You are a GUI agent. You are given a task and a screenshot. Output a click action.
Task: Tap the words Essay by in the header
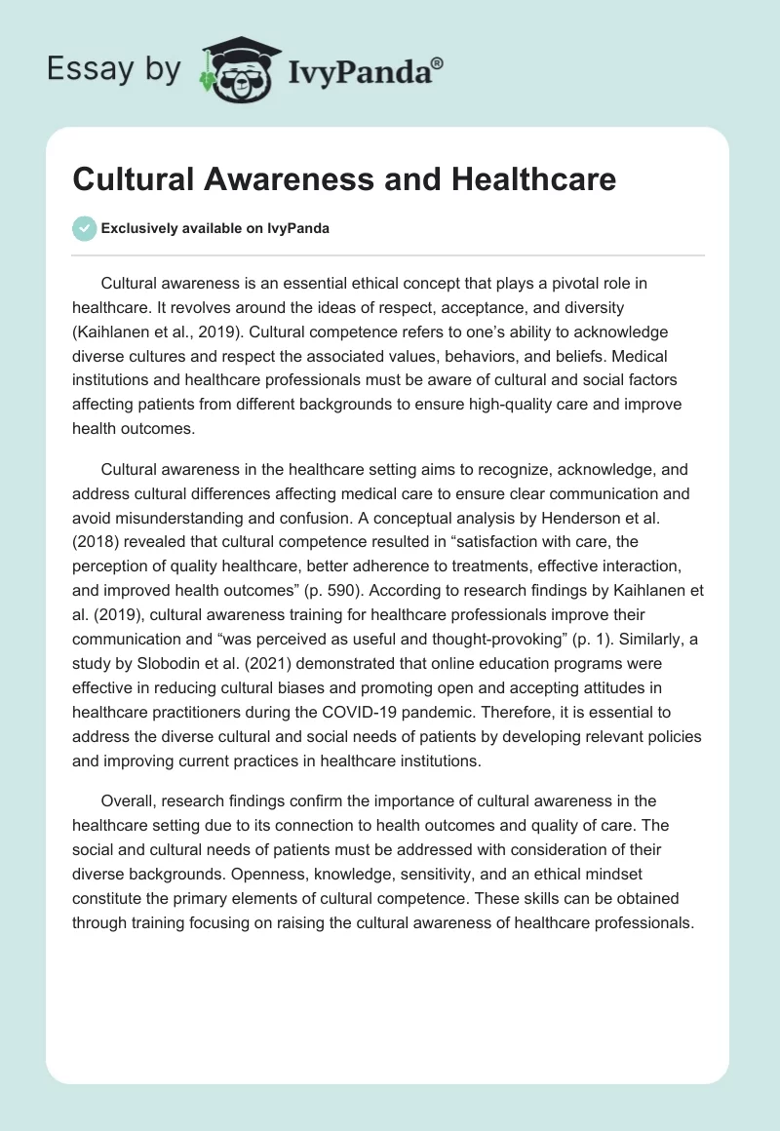[x=113, y=68]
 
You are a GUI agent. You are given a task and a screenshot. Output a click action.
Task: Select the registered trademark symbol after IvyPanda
[x=438, y=63]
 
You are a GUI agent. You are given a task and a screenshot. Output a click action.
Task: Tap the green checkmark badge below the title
[x=84, y=228]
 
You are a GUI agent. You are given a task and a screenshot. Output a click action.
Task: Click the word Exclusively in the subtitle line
[x=139, y=229]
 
